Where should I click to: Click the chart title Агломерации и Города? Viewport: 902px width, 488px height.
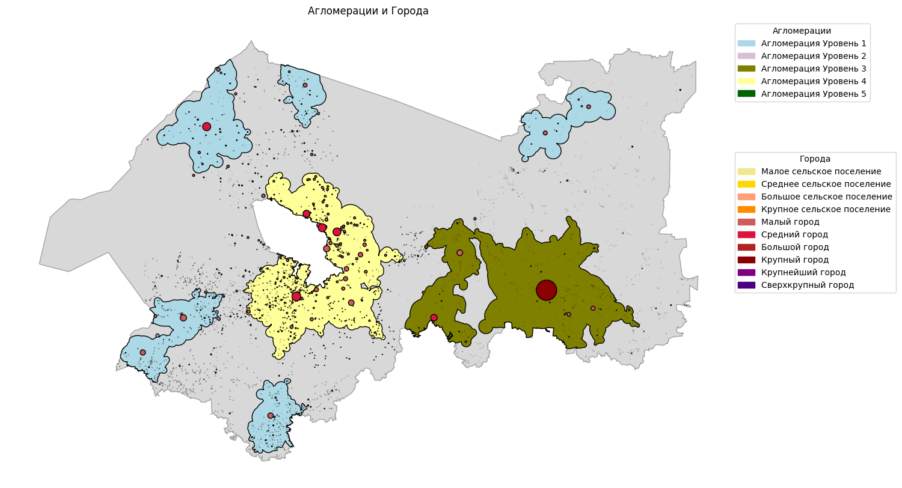pyautogui.click(x=368, y=11)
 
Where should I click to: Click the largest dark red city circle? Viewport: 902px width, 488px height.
pyautogui.click(x=546, y=290)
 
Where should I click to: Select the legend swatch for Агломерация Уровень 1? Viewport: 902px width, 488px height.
pyautogui.click(x=746, y=43)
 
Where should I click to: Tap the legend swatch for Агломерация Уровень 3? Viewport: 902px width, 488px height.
pyautogui.click(x=746, y=69)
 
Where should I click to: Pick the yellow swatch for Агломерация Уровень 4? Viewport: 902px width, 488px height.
pyautogui.click(x=746, y=81)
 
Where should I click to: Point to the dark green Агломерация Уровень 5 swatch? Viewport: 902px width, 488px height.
pyautogui.click(x=746, y=94)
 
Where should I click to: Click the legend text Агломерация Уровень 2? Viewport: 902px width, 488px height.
pyautogui.click(x=813, y=56)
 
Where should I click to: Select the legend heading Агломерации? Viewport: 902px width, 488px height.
pyautogui.click(x=802, y=31)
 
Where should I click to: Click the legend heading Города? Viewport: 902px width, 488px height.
pyautogui.click(x=815, y=159)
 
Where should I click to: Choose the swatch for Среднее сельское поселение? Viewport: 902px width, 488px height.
pyautogui.click(x=746, y=184)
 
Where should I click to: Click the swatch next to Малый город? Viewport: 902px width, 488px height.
pyautogui.click(x=746, y=222)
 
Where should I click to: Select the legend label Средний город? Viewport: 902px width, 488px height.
pyautogui.click(x=794, y=234)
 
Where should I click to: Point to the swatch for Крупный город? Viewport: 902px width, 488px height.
pyautogui.click(x=746, y=260)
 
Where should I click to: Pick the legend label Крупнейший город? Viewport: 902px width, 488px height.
pyautogui.click(x=799, y=272)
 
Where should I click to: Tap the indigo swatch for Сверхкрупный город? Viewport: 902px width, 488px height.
pyautogui.click(x=746, y=285)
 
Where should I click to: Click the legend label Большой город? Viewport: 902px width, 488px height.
pyautogui.click(x=795, y=247)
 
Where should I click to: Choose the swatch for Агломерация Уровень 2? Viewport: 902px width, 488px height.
pyautogui.click(x=746, y=56)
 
